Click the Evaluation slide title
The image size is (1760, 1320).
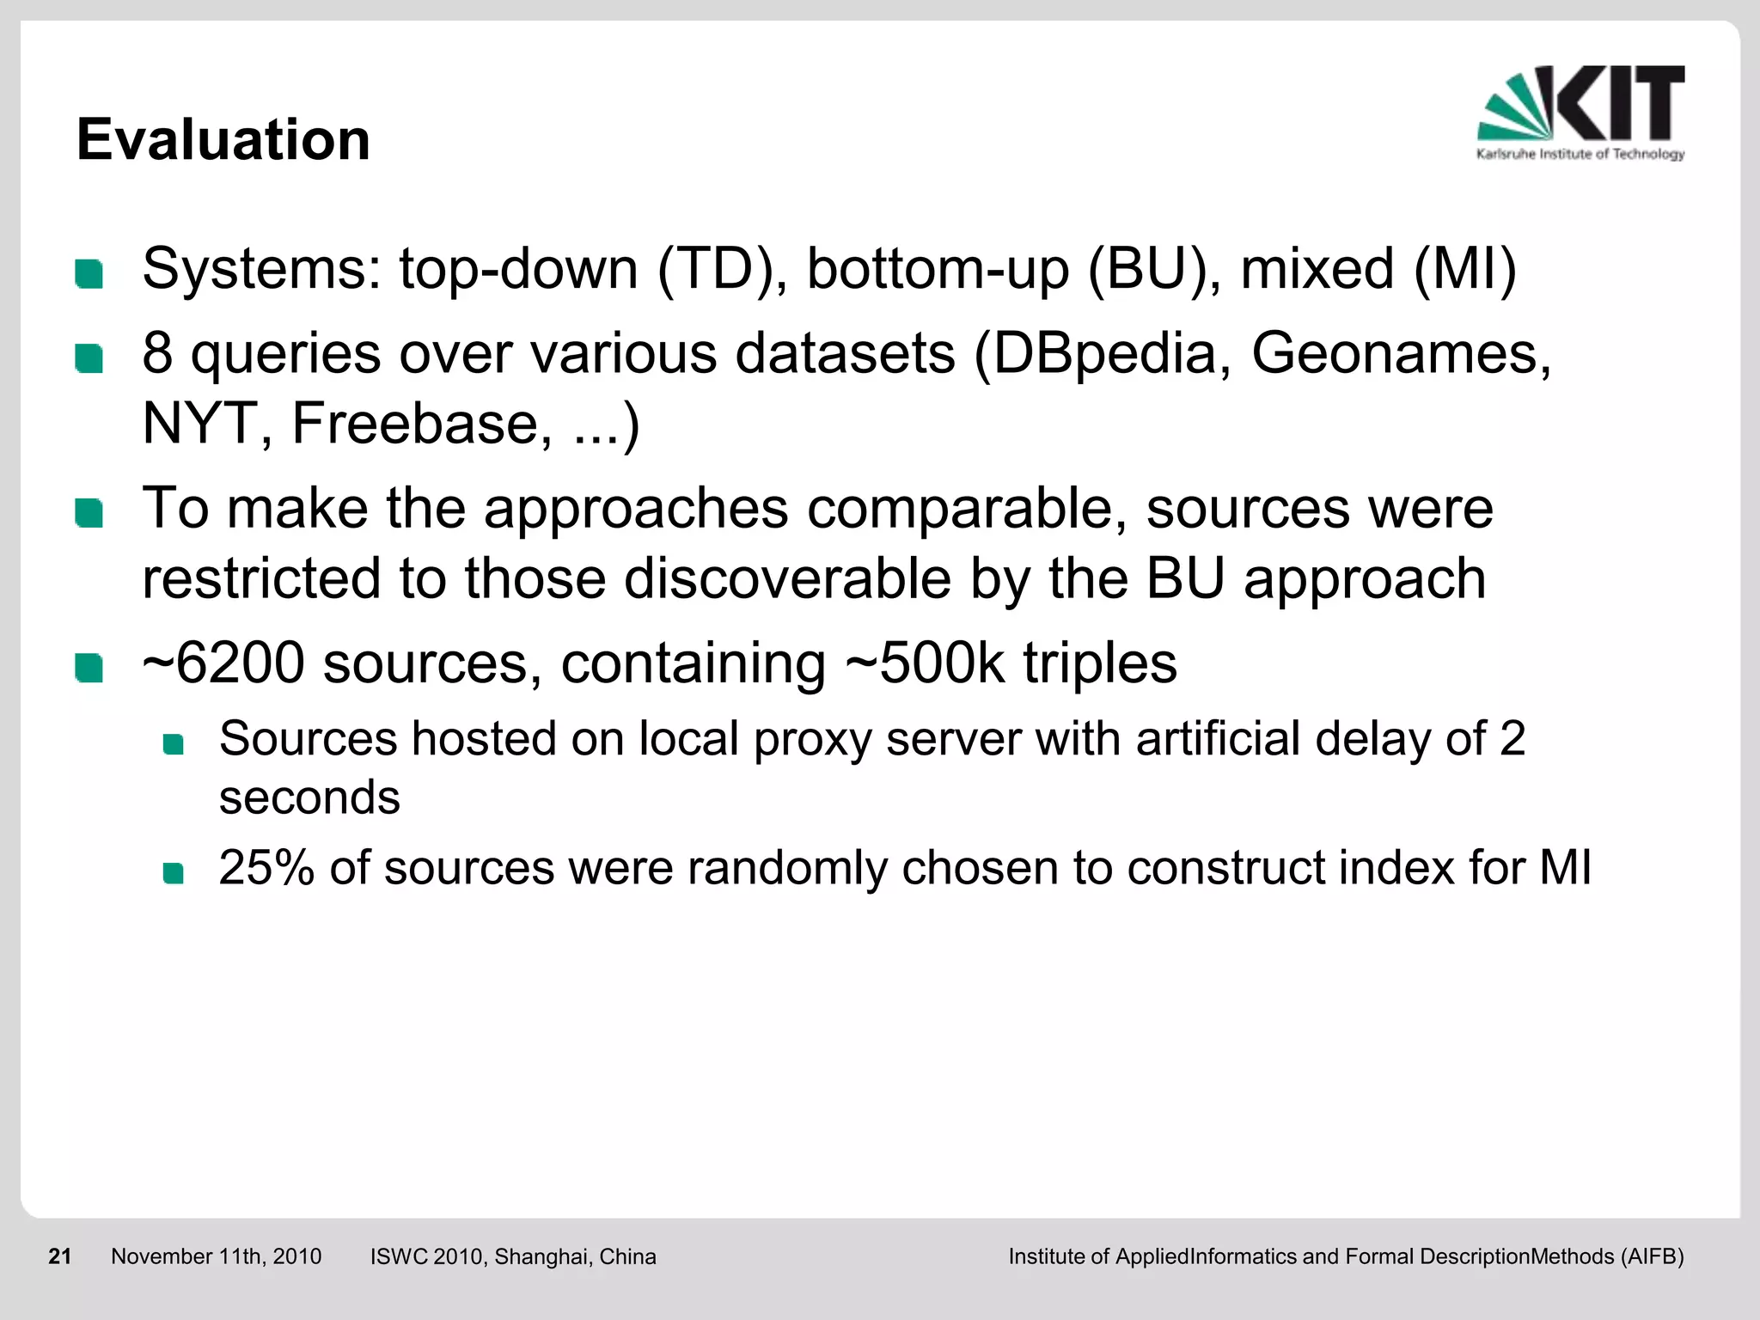(x=223, y=139)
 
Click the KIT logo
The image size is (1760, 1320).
(x=1580, y=112)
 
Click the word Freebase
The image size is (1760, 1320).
(x=422, y=424)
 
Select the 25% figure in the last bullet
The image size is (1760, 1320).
(x=266, y=867)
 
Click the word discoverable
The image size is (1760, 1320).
(x=787, y=578)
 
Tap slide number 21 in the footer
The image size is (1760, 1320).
(x=60, y=1256)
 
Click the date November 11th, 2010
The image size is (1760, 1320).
(x=216, y=1256)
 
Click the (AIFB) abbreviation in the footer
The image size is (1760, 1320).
(x=1652, y=1256)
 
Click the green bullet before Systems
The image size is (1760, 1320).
(x=89, y=274)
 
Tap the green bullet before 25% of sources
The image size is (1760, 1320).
(x=174, y=873)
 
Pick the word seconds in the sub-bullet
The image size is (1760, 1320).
(x=309, y=797)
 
